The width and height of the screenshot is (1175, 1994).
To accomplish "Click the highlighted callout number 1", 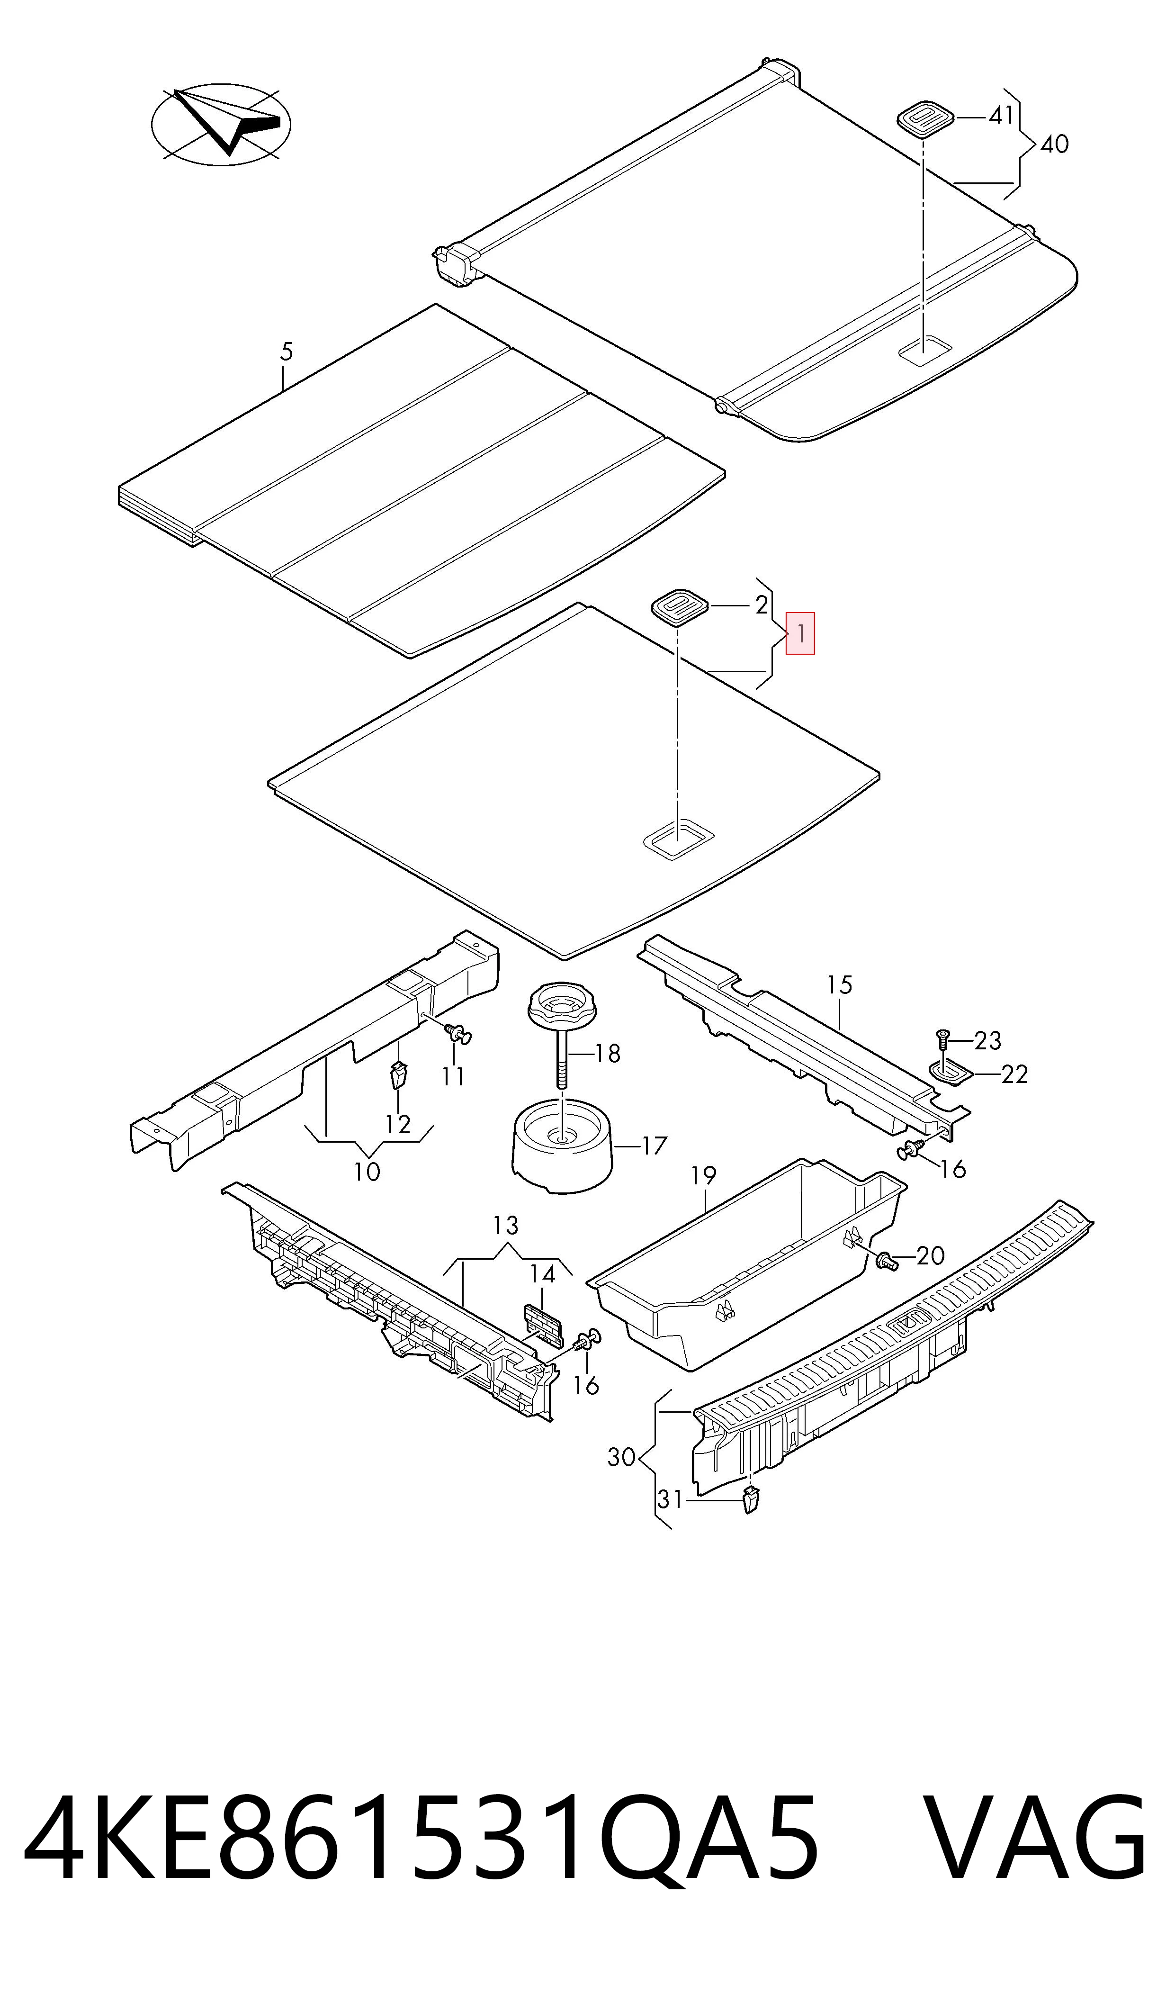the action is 800,633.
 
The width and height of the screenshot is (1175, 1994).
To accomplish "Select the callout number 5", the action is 287,352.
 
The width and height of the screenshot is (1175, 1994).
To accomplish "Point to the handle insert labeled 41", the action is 925,119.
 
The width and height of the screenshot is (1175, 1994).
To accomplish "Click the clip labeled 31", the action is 751,1499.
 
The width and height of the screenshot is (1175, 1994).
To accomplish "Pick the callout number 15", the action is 839,985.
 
